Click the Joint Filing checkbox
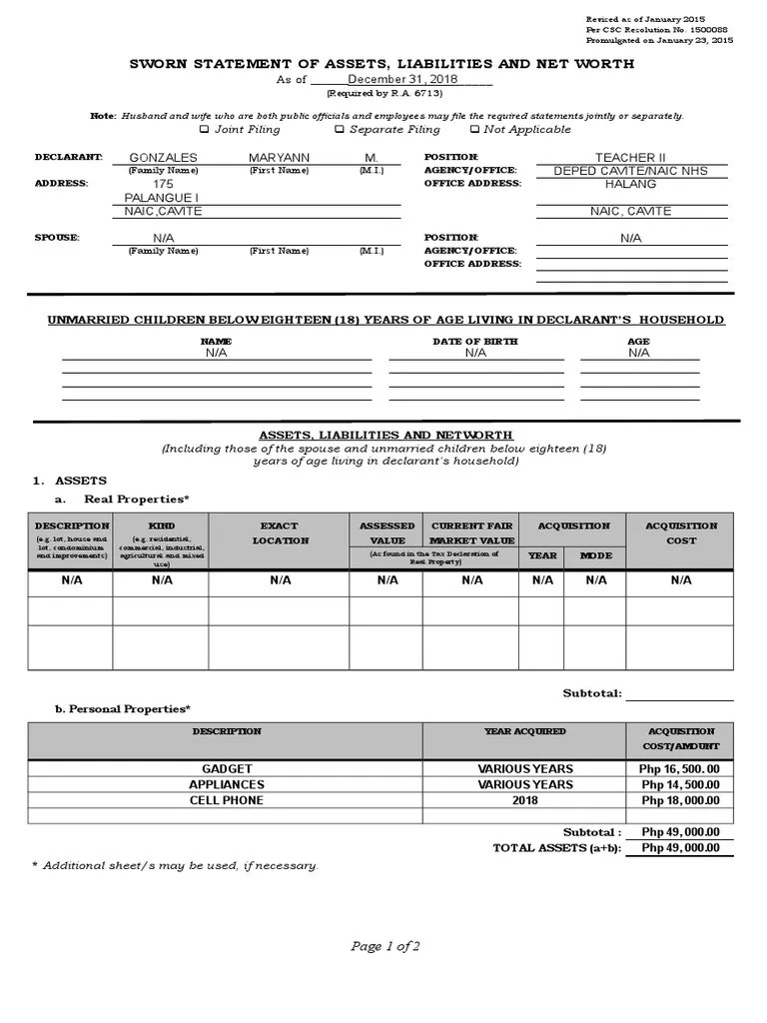(205, 129)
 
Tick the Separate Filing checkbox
(340, 129)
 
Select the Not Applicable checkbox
(473, 129)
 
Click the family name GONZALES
(164, 158)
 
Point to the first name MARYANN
(280, 158)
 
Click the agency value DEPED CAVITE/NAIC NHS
(630, 171)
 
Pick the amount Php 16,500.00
(680, 769)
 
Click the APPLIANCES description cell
(227, 784)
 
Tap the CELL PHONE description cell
(227, 800)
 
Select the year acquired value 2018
(525, 800)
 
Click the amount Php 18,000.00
(680, 800)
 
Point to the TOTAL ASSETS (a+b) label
(556, 848)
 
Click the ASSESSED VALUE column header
(386, 532)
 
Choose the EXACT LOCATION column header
(280, 532)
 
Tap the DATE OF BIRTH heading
(474, 342)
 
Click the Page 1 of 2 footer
(384, 947)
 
